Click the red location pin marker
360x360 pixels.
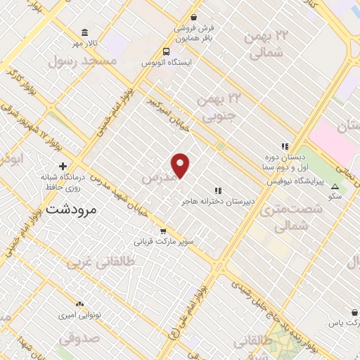(181, 165)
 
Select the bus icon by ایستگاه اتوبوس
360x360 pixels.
(166, 51)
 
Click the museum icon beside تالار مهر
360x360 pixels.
(85, 34)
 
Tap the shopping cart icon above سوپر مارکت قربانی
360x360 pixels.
(163, 231)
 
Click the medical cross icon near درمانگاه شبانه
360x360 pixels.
(63, 167)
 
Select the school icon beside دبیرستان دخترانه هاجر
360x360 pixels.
(218, 190)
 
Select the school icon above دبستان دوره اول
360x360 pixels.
(285, 146)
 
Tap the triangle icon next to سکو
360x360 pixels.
(335, 186)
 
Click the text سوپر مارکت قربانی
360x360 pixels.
(164, 241)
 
